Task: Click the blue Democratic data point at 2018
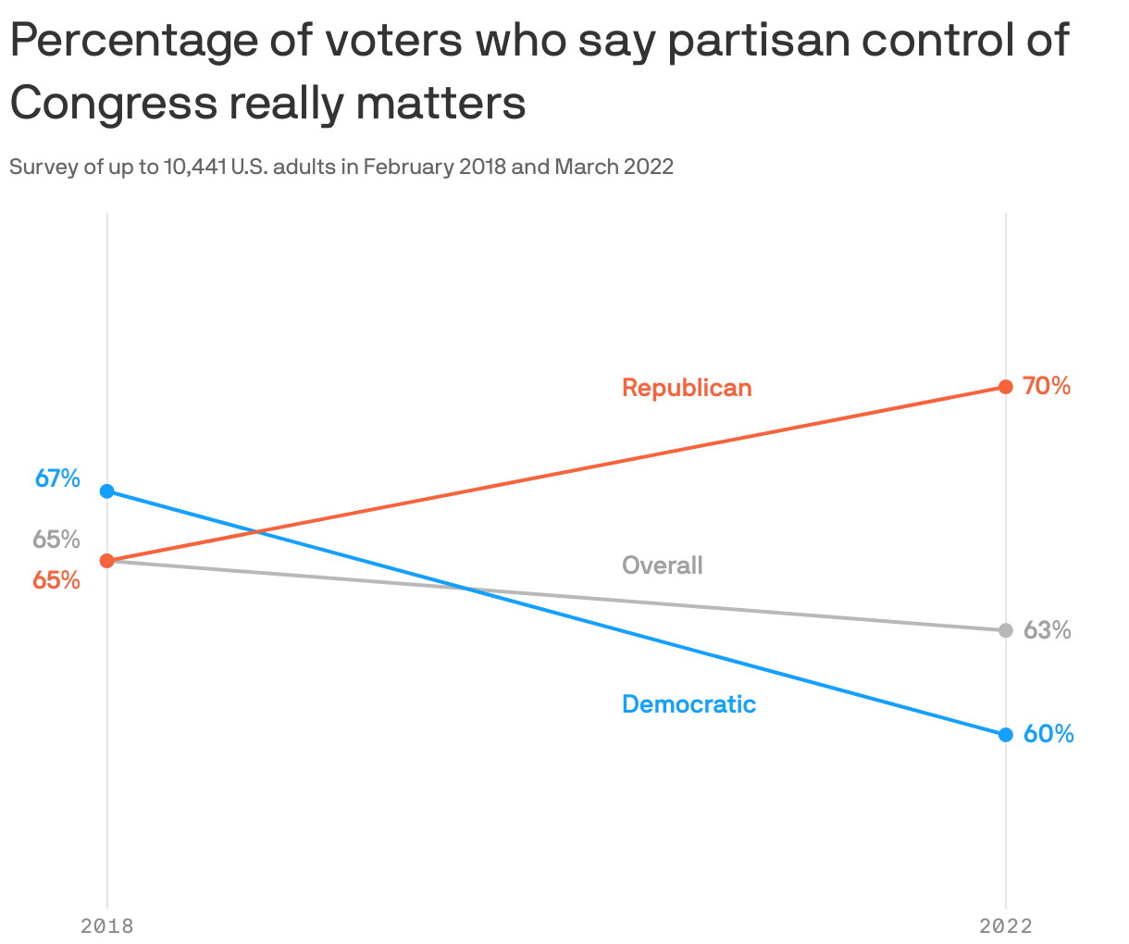tap(107, 491)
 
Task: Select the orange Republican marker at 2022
tap(1005, 386)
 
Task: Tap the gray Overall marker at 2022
tap(1005, 630)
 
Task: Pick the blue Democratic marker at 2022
tap(1005, 735)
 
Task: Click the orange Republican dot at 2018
tap(107, 561)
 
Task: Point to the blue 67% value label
tap(57, 478)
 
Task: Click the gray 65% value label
tap(56, 539)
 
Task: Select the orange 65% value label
tap(56, 580)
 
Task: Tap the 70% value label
tap(1047, 386)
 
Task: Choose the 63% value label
tap(1047, 630)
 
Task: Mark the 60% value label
tap(1048, 734)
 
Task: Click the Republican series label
tap(687, 387)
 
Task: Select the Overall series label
tap(662, 565)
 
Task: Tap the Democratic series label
tap(689, 704)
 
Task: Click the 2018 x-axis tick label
tap(107, 925)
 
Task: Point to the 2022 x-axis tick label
tap(1005, 925)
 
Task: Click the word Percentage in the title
tap(131, 42)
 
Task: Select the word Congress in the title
tap(113, 104)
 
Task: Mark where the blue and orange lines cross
tap(256, 531)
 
